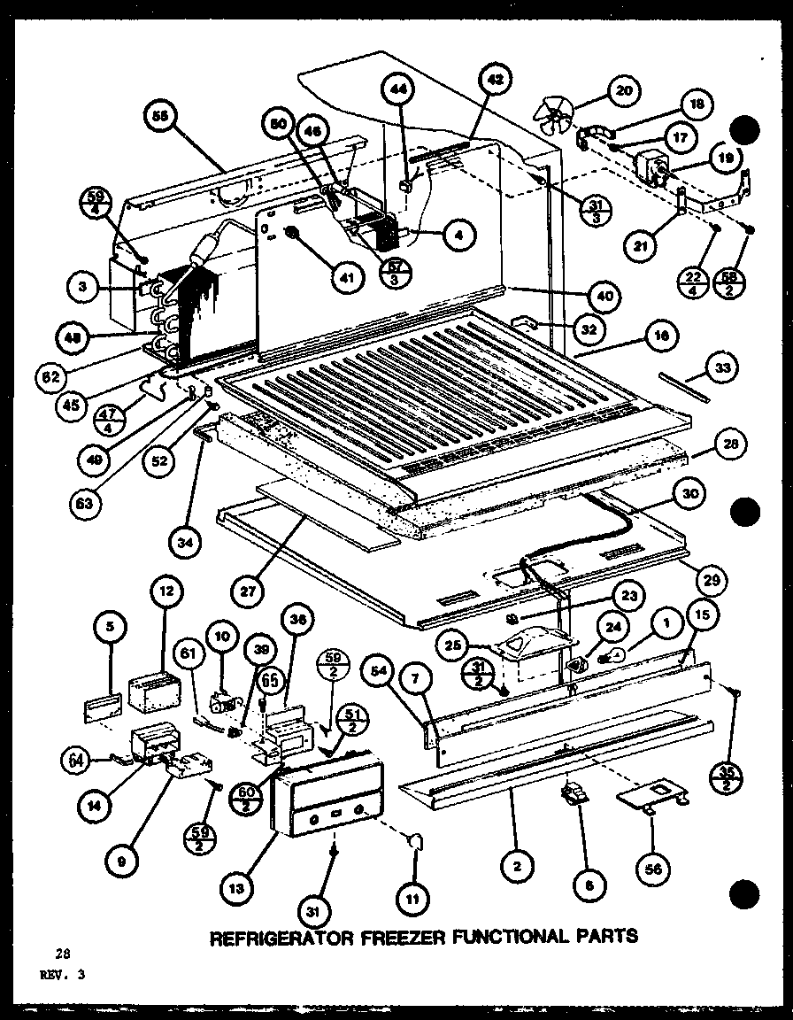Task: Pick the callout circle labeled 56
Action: [x=651, y=869]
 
